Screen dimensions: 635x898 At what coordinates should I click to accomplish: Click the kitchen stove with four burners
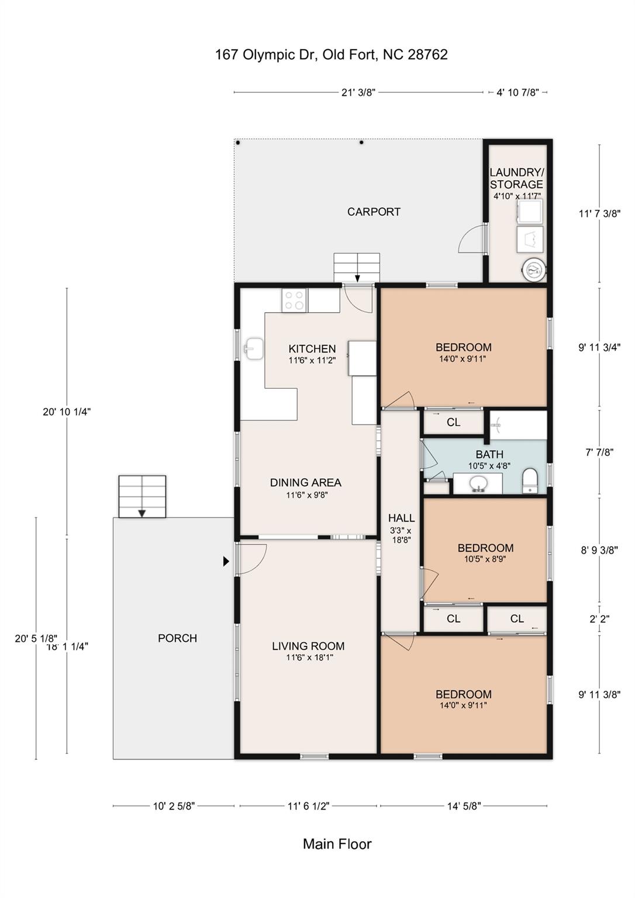pyautogui.click(x=295, y=301)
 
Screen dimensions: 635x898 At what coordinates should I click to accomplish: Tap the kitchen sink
pyautogui.click(x=253, y=348)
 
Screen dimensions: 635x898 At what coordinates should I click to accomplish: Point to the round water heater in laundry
pyautogui.click(x=534, y=268)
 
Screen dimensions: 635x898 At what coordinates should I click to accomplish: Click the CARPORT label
pyautogui.click(x=374, y=212)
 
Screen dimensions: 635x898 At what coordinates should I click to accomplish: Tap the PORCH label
pyautogui.click(x=177, y=638)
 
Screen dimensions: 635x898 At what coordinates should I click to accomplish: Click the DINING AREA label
pyautogui.click(x=306, y=483)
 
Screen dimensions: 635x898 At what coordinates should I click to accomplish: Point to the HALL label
pyautogui.click(x=401, y=518)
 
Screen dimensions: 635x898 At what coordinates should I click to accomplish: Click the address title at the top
pyautogui.click(x=332, y=54)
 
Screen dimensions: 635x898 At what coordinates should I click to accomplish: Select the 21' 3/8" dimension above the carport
pyautogui.click(x=358, y=92)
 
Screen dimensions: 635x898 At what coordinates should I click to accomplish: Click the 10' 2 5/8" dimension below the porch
pyautogui.click(x=174, y=806)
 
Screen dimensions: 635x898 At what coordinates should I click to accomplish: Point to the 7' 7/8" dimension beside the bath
pyautogui.click(x=599, y=452)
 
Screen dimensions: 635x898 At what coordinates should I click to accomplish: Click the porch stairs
pyautogui.click(x=142, y=496)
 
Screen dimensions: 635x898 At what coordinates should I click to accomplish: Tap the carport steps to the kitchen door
pyautogui.click(x=357, y=268)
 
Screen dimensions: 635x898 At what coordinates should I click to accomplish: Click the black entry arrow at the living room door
pyautogui.click(x=226, y=562)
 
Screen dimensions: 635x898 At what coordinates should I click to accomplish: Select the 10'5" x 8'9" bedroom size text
pyautogui.click(x=485, y=559)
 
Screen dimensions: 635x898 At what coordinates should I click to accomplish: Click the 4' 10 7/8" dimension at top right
pyautogui.click(x=517, y=92)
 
